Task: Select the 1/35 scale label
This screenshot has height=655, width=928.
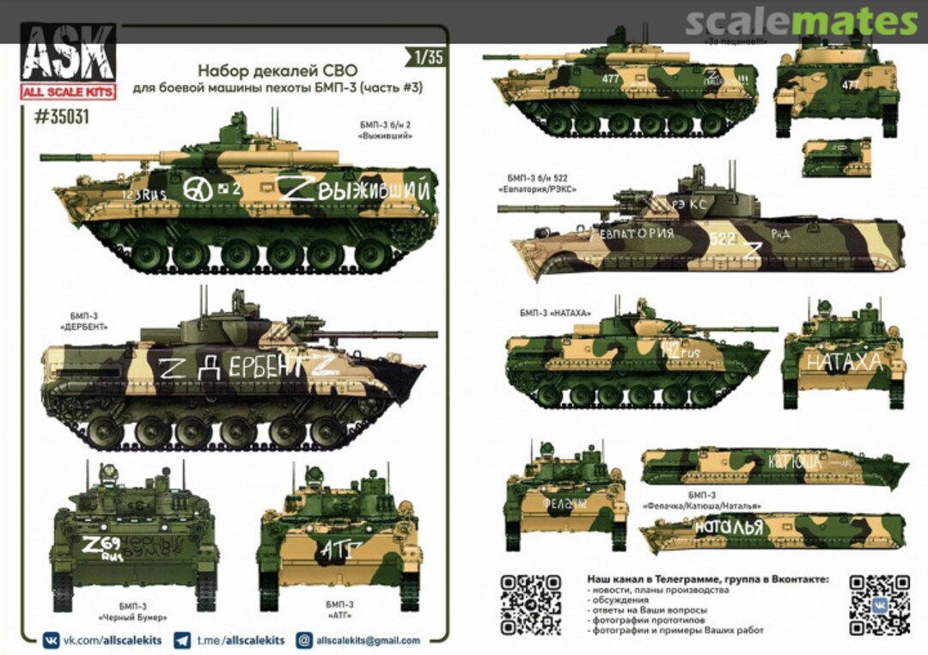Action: click(428, 58)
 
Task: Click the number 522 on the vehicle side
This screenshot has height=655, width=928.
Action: click(723, 239)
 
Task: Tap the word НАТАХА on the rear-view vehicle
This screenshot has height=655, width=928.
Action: click(843, 363)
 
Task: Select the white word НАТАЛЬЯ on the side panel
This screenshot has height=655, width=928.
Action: click(729, 528)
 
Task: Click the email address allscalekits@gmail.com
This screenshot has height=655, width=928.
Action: click(368, 640)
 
